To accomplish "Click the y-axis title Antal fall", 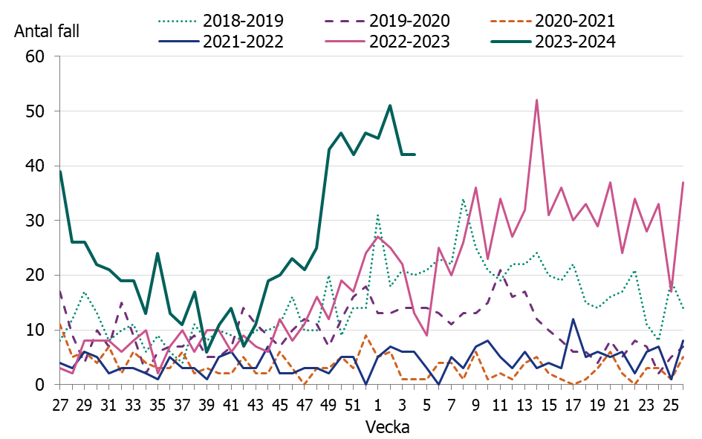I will [x=47, y=30].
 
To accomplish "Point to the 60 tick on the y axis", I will [x=36, y=56].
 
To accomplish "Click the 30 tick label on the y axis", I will [x=36, y=221].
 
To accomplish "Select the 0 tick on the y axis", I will [x=42, y=385].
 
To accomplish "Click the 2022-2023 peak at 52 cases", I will [x=536, y=100].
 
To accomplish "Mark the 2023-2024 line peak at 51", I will [x=390, y=105].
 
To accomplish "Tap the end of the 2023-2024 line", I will [x=415, y=155].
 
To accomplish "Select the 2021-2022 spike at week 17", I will [x=573, y=319].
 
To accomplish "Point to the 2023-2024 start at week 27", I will [x=60, y=171].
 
